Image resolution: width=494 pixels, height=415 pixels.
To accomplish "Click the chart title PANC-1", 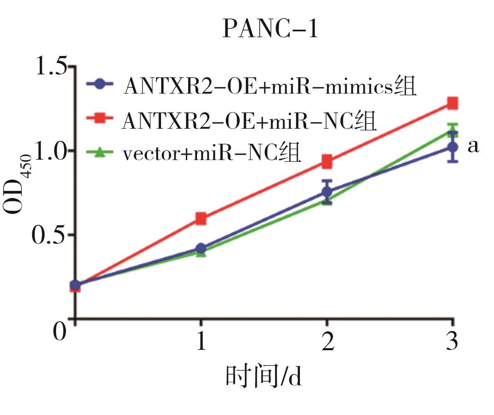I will [270, 30].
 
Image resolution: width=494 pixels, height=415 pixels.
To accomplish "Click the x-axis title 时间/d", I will [264, 376].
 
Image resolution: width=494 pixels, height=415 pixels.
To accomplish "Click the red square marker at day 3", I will [452, 103].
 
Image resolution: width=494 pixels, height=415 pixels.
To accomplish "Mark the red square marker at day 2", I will [327, 161].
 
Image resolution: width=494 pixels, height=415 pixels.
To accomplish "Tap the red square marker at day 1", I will [201, 218].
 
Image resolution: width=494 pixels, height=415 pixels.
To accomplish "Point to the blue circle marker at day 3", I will [452, 147].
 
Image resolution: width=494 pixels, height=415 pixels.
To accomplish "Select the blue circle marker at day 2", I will [327, 192].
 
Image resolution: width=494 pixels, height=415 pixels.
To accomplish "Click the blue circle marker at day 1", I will [201, 248].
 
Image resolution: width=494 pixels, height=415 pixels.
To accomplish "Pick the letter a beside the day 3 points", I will [473, 147].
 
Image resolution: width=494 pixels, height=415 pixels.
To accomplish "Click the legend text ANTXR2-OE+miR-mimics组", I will [270, 87].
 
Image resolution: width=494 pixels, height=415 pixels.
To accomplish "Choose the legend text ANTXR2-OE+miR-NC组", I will [250, 121].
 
